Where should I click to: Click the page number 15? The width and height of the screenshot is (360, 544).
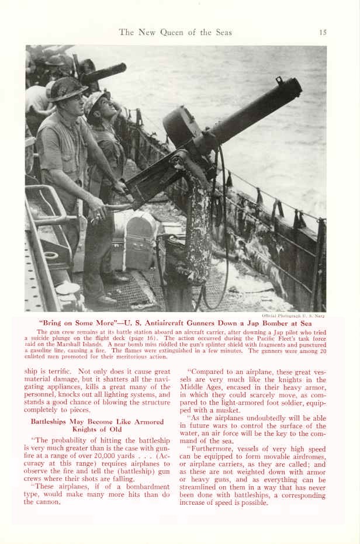point(323,32)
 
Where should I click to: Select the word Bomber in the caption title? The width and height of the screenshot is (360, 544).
point(267,323)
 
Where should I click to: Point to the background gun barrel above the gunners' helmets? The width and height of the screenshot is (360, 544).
point(105,72)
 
